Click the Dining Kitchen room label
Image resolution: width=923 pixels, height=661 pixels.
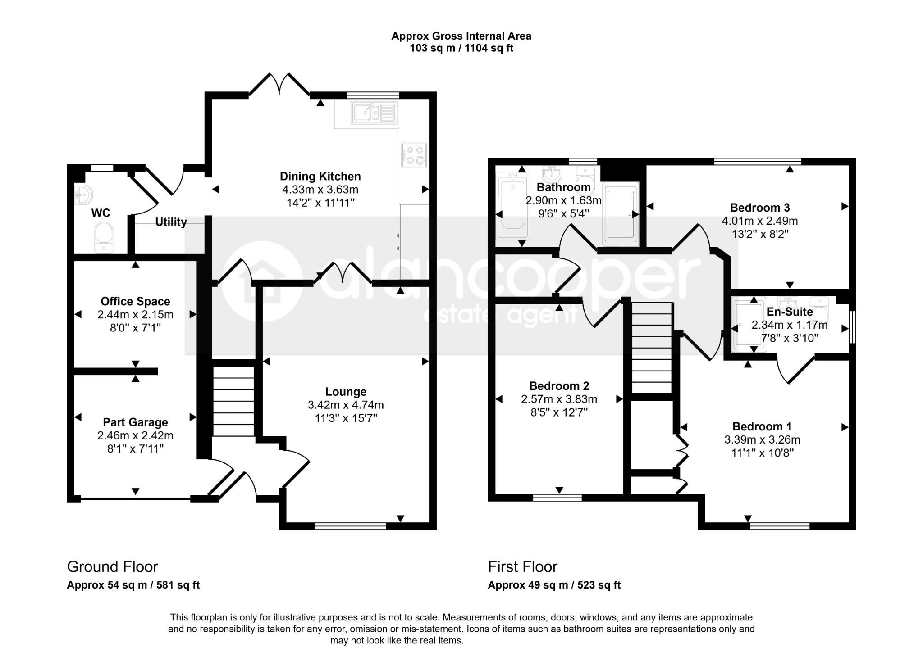click(x=320, y=176)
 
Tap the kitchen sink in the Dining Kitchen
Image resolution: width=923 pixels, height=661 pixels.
click(x=375, y=112)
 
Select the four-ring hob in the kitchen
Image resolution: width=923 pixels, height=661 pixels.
click(x=414, y=154)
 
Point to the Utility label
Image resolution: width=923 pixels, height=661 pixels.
click(x=171, y=222)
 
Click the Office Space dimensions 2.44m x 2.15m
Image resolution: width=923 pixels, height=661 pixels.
click(x=135, y=315)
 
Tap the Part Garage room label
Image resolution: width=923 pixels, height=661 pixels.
click(x=135, y=422)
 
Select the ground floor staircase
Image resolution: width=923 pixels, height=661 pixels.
click(x=233, y=401)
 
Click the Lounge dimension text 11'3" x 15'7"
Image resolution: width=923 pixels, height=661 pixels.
click(x=346, y=418)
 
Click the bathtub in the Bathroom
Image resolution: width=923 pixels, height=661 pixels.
click(x=512, y=208)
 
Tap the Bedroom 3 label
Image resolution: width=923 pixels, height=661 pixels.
click(x=760, y=208)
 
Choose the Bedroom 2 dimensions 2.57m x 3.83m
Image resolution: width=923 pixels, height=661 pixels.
click(x=559, y=399)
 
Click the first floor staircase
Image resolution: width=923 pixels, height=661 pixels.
click(x=651, y=348)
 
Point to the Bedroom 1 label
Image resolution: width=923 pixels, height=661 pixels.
click(x=762, y=426)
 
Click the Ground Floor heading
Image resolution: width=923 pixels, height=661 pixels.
click(x=113, y=566)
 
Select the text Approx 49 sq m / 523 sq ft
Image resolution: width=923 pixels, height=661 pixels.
click(x=554, y=585)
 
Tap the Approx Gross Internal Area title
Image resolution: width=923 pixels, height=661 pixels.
click(x=461, y=36)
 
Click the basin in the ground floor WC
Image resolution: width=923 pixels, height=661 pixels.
click(x=83, y=195)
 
